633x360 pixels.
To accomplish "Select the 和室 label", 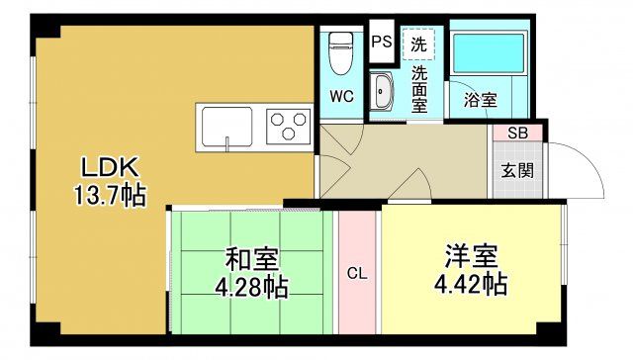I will [x=252, y=259].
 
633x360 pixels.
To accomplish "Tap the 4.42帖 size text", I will [x=471, y=285].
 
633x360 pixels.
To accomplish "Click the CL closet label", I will [x=357, y=273].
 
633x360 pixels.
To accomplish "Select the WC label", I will [x=341, y=97].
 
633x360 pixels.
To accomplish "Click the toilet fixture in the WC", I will [x=341, y=49].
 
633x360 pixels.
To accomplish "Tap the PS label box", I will [x=382, y=43].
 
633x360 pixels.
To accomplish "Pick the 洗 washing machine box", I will [x=419, y=44].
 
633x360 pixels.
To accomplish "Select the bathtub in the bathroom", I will [x=487, y=58].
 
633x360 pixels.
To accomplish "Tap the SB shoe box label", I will [x=516, y=133].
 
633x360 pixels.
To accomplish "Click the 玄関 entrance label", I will [x=516, y=169].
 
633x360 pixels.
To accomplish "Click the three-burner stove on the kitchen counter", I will [x=288, y=127].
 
